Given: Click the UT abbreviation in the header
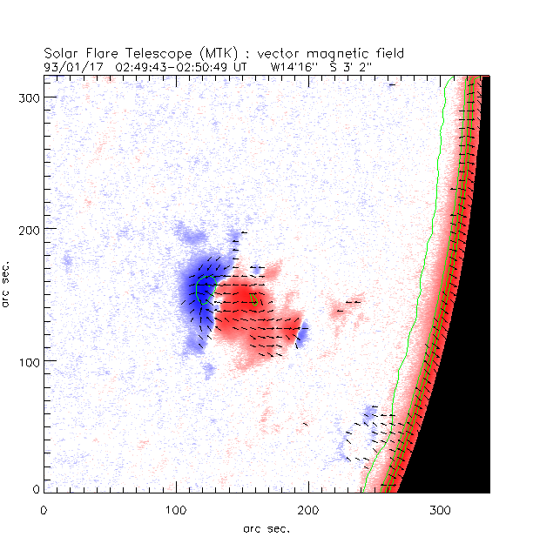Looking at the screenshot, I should (x=241, y=65).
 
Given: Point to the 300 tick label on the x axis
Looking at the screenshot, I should (x=441, y=509).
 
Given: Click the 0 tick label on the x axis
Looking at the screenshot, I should (x=44, y=509).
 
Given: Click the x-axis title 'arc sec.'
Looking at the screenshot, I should (x=266, y=527).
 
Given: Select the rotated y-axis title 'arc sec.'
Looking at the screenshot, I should (x=8, y=283).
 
